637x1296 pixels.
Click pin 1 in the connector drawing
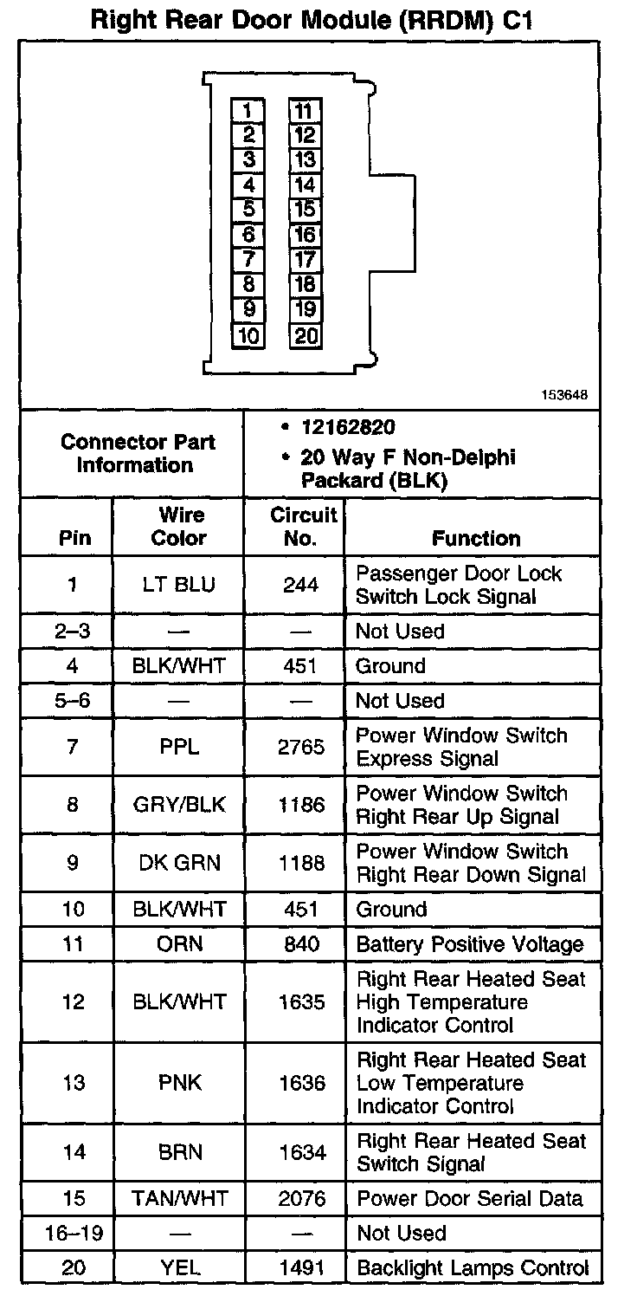coord(248,111)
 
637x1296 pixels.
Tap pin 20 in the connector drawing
coord(306,336)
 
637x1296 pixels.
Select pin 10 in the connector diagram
coord(248,336)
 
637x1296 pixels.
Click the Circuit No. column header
coord(303,527)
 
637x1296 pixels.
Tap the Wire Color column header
coord(179,527)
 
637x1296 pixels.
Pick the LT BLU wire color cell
coord(179,585)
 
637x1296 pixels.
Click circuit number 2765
coord(301,747)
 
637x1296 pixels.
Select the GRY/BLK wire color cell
coord(179,805)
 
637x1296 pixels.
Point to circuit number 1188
coord(301,863)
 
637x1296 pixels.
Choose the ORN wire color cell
coord(179,944)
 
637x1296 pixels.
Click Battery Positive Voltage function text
coord(470,944)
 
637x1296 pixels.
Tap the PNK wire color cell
coord(179,1083)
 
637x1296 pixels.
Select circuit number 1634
coord(301,1153)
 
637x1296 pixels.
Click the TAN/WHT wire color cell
coord(179,1199)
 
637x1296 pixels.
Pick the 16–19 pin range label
coord(74,1234)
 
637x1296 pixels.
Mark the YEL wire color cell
coord(179,1268)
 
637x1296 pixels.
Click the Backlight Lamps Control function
coord(473,1268)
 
